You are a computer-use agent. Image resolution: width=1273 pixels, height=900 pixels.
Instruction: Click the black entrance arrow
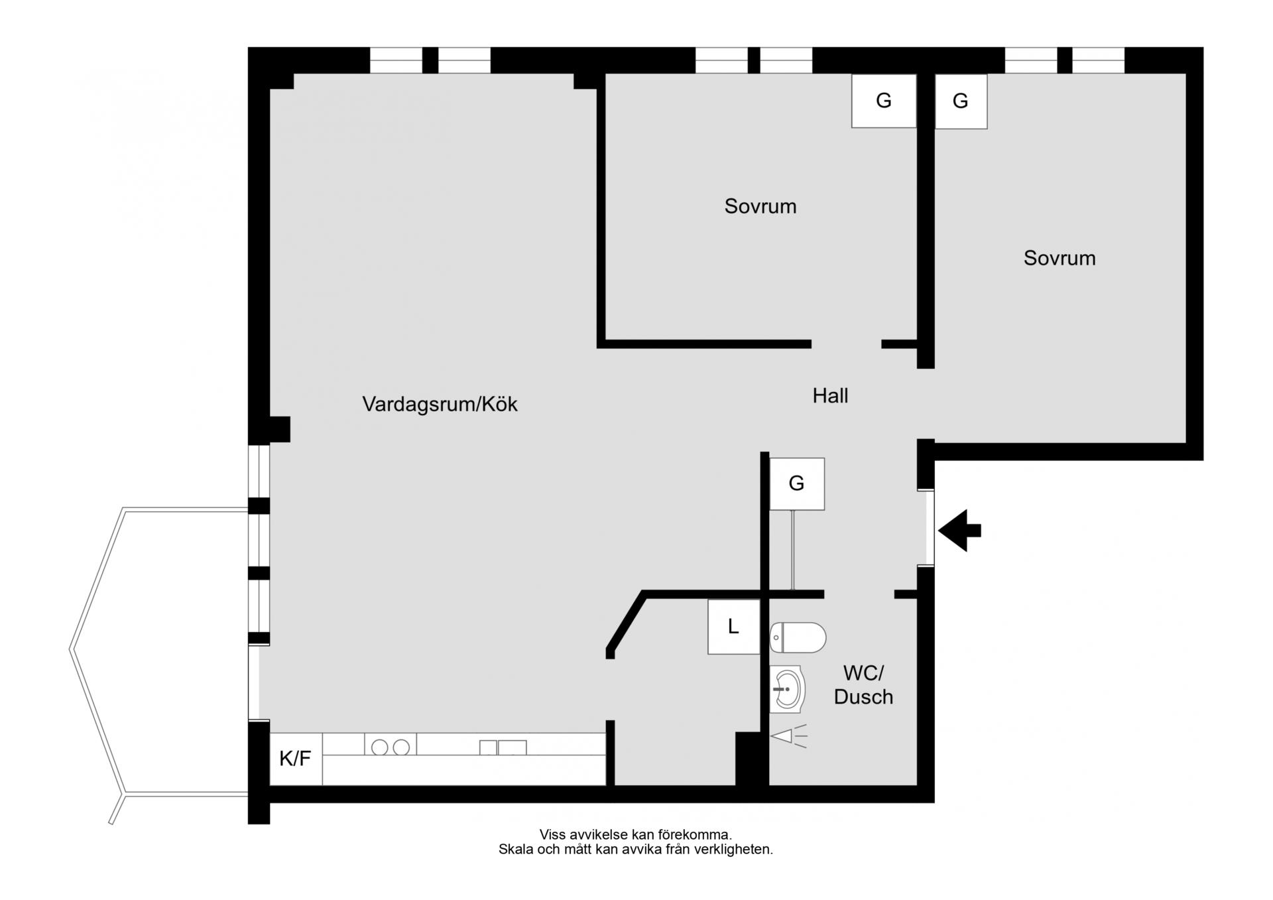coord(959,531)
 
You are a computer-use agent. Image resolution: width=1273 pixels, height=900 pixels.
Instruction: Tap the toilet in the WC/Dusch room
coord(798,638)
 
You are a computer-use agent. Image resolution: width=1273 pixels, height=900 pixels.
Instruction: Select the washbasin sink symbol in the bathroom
coord(787,690)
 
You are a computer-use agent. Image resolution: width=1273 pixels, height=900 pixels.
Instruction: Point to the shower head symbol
coord(788,736)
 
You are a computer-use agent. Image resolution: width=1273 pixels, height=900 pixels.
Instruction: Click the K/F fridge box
coord(296,759)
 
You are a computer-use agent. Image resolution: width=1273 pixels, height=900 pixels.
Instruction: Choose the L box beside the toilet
coord(733,627)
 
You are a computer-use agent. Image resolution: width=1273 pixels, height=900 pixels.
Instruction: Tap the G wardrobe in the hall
coord(797,483)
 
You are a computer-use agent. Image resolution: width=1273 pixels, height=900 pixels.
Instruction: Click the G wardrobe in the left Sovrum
coord(884,101)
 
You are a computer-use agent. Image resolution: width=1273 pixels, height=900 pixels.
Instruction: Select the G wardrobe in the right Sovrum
coord(961,101)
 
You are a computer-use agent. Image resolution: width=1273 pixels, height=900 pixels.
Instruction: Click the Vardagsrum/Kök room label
coord(440,404)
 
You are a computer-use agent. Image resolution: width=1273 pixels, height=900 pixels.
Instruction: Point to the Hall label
coord(830,396)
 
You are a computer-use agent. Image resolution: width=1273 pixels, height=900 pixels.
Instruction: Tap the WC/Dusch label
coord(863,684)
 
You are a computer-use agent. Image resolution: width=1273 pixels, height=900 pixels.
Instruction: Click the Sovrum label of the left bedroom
coord(760,206)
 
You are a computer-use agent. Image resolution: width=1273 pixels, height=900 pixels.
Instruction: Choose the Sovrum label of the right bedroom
coord(1060,258)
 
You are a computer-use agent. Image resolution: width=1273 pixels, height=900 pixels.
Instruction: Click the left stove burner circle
coord(380,747)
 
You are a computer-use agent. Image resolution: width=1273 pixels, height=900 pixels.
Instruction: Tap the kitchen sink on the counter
coord(503,747)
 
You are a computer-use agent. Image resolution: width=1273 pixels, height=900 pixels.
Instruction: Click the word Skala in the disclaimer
coord(515,850)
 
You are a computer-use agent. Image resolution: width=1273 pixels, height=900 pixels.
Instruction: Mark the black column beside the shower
coord(752,759)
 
